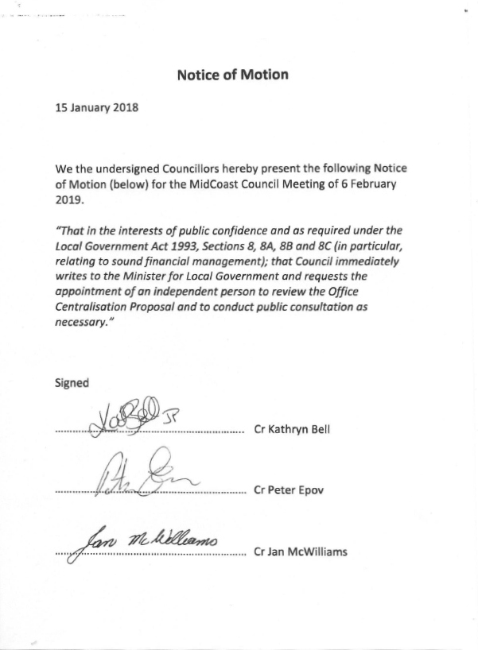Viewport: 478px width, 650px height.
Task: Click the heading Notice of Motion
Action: pos(232,75)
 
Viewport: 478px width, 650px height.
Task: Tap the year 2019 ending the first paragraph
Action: pos(69,200)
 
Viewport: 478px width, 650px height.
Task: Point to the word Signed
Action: pos(72,382)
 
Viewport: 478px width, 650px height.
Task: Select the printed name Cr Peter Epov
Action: pos(289,490)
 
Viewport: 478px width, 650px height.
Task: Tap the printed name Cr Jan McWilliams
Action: pos(300,551)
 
